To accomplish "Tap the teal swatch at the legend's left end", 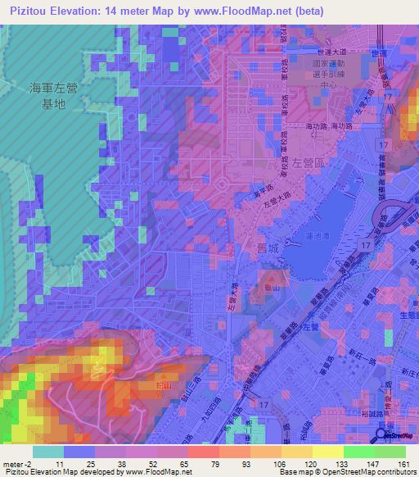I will pos(48,452).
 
